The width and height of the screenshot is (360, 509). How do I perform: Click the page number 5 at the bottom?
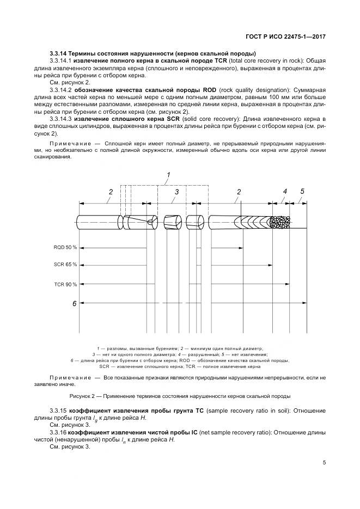click(x=324, y=463)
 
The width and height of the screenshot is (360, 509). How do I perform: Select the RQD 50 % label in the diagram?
click(x=65, y=247)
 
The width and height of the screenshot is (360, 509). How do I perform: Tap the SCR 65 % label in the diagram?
click(x=65, y=265)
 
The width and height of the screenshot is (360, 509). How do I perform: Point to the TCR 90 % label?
click(x=65, y=284)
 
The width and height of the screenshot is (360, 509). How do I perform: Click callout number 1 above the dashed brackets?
click(x=168, y=175)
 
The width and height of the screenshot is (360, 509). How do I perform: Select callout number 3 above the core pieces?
click(x=176, y=192)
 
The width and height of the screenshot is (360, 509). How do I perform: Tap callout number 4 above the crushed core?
click(x=284, y=191)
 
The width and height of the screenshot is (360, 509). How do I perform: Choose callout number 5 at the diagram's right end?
click(x=302, y=191)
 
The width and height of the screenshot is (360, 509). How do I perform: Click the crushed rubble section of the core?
click(x=280, y=222)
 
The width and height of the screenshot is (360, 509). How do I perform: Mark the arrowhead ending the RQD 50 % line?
click(x=240, y=247)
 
